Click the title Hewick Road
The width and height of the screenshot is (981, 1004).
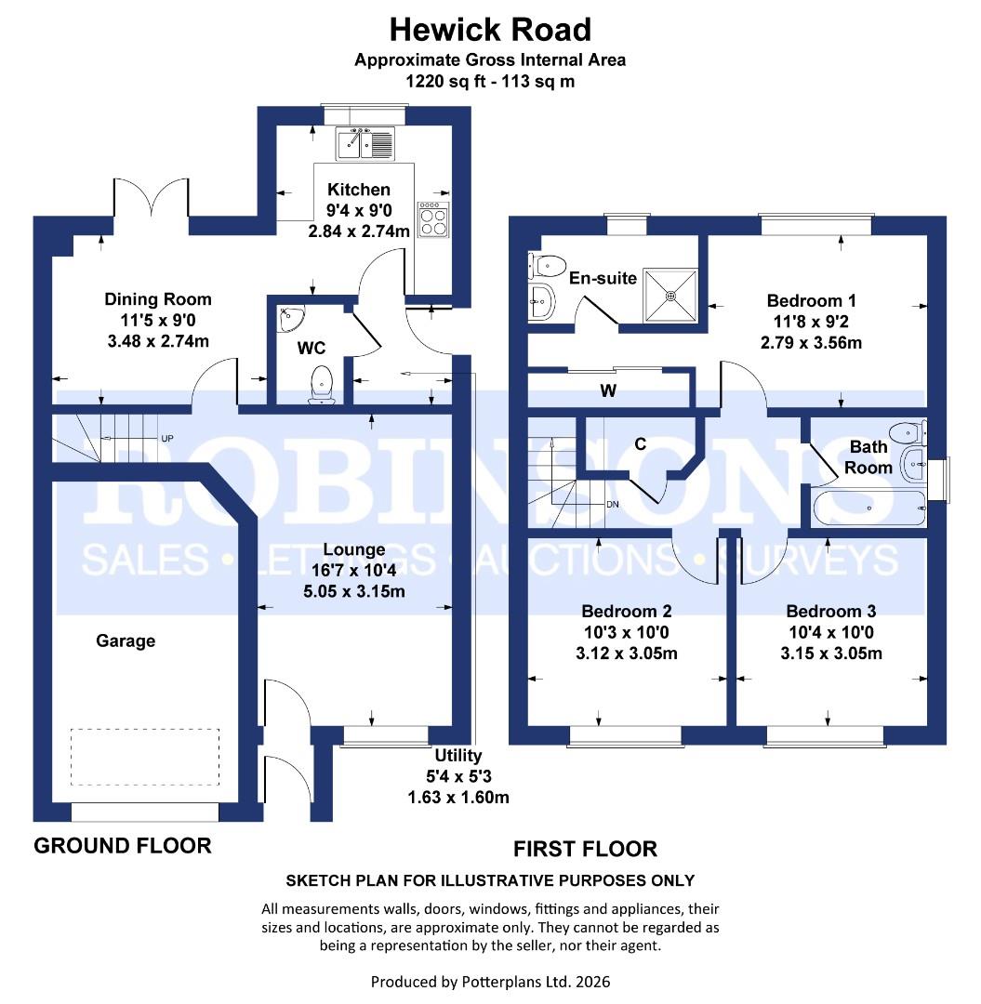point(490,30)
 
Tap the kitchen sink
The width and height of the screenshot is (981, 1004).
point(366,143)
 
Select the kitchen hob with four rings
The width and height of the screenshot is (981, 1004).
point(433,219)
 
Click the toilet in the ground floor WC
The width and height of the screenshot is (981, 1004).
point(323,384)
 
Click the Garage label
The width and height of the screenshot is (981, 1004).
point(126,641)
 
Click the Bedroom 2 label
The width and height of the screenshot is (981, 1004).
point(627,611)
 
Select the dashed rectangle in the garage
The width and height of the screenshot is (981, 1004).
point(145,758)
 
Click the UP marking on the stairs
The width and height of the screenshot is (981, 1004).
point(167,438)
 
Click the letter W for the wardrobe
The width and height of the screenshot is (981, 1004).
point(608,390)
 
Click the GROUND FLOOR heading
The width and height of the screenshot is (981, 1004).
point(123,845)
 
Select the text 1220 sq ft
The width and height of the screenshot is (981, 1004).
point(443,81)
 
